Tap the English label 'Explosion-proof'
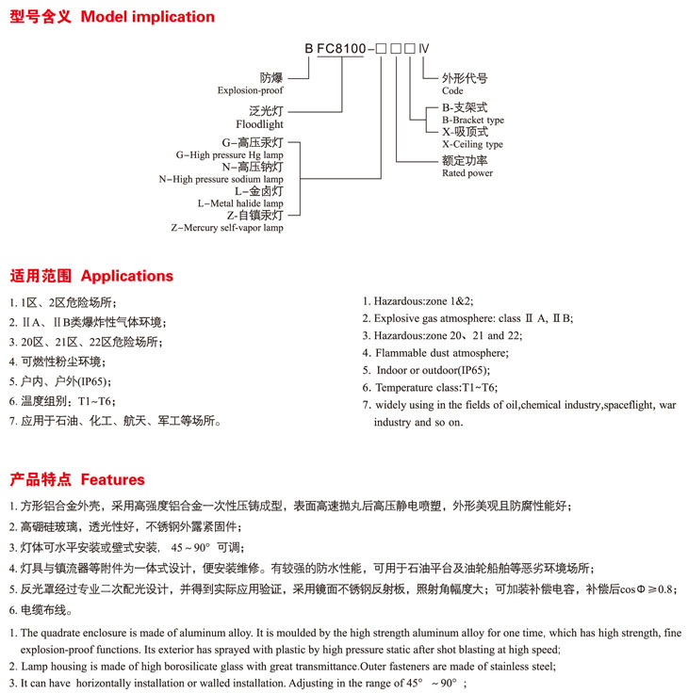[x=250, y=91]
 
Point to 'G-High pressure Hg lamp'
[x=229, y=154]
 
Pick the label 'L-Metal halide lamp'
[x=240, y=203]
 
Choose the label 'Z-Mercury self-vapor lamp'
[x=226, y=228]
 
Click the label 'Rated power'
[x=467, y=173]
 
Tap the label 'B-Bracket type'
[x=472, y=121]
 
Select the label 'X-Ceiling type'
[x=471, y=144]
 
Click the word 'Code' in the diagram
[x=452, y=91]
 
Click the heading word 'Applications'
[x=127, y=276]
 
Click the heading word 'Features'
[x=113, y=479]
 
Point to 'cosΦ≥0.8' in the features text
[x=649, y=590]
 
